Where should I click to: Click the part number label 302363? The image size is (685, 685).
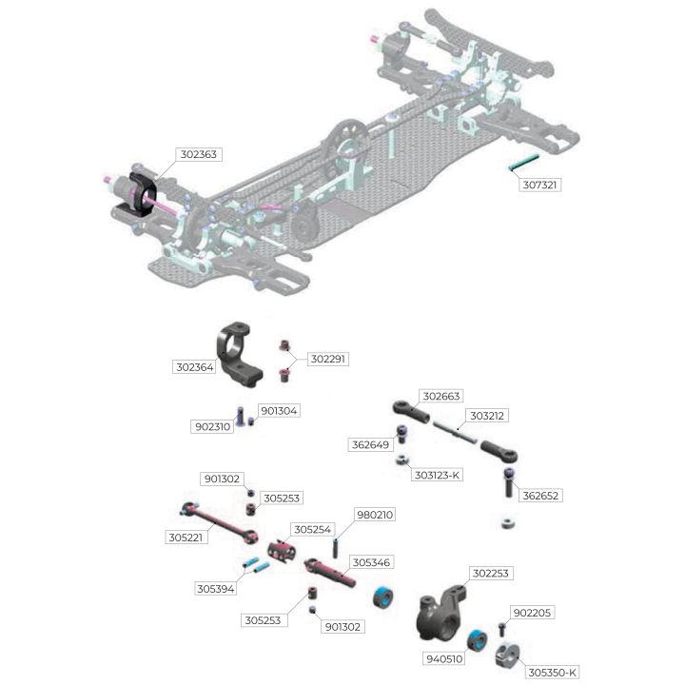[199, 154]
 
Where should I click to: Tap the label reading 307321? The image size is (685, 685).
[540, 185]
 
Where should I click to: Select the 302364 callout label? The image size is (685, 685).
[195, 367]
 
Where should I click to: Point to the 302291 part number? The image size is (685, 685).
[327, 359]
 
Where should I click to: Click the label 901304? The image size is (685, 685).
[279, 411]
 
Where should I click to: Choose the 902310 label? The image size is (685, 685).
[213, 427]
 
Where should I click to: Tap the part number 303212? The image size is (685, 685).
[487, 416]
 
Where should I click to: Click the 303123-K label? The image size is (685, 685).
[437, 475]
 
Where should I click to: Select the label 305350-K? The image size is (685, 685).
[552, 673]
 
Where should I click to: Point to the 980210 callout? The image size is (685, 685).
[375, 515]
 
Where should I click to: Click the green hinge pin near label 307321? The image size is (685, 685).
[524, 163]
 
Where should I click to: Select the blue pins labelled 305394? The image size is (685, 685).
[257, 566]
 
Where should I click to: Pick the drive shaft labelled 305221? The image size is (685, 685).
[220, 523]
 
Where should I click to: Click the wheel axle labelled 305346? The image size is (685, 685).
[330, 573]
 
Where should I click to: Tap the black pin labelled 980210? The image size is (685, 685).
[336, 549]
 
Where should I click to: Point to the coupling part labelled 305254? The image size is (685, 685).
[281, 551]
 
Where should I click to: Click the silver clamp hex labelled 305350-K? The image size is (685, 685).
[508, 656]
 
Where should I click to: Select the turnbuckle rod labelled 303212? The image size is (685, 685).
[455, 432]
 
